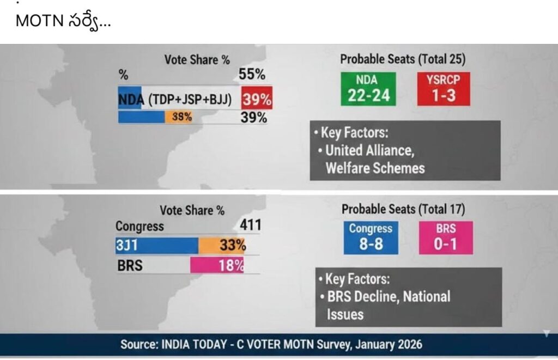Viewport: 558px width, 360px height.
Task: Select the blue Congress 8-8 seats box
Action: coord(371,237)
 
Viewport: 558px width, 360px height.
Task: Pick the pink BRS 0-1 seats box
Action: coord(446,237)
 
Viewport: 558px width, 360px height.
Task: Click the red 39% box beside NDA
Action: coord(257,100)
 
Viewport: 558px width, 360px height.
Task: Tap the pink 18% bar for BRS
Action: coord(217,266)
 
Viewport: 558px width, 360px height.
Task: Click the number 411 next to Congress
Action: coord(251,225)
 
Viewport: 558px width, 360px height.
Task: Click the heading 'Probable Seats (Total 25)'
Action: coord(403,60)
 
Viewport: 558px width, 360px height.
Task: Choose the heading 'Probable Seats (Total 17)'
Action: coord(403,209)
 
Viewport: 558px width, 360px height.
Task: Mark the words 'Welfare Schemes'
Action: coord(375,168)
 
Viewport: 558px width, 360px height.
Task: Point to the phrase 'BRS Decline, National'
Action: coord(389,297)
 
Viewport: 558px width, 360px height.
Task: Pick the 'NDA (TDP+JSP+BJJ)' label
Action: coord(175,100)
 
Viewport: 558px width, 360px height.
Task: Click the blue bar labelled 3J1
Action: coord(156,246)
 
